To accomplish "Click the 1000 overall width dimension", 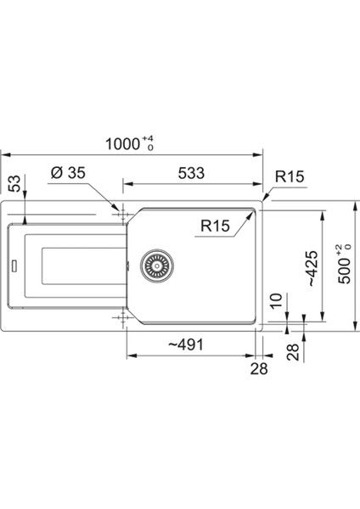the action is click(122, 144).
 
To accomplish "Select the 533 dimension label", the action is click(191, 173).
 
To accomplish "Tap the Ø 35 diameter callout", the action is click(68, 172).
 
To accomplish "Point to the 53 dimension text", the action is click(14, 183).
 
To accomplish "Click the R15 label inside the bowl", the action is click(215, 226).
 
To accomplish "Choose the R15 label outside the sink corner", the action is click(290, 176).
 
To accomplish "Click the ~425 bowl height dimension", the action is click(312, 268).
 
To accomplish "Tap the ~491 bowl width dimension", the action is click(186, 344).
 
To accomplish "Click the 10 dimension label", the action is click(276, 301).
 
